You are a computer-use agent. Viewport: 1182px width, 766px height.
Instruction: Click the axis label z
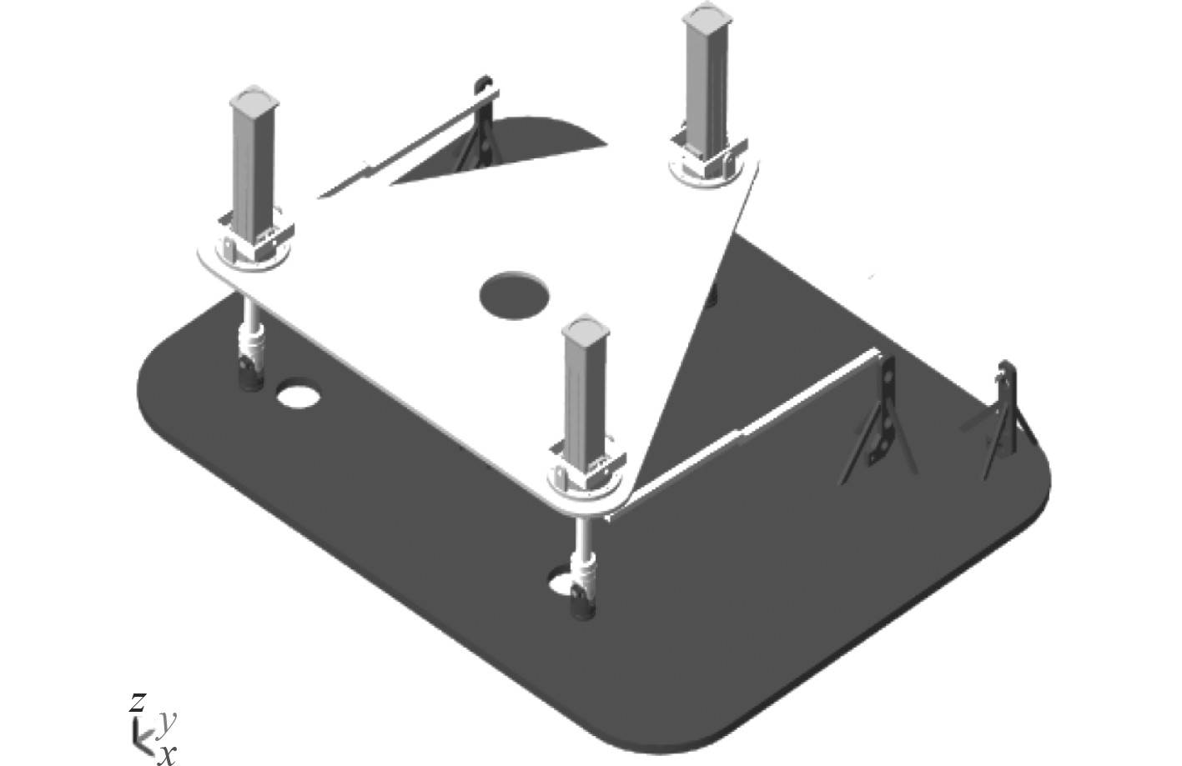tap(137, 702)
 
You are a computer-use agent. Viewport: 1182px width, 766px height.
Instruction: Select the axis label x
tap(167, 754)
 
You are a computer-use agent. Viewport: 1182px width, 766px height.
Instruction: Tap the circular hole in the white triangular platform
tap(514, 295)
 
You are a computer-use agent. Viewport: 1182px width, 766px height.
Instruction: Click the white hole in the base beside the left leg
tap(299, 395)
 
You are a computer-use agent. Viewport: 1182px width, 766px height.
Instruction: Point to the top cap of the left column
tap(254, 98)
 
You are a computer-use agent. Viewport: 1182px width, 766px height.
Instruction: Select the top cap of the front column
tap(586, 328)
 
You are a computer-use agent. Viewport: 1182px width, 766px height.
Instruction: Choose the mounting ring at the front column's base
tap(586, 483)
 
